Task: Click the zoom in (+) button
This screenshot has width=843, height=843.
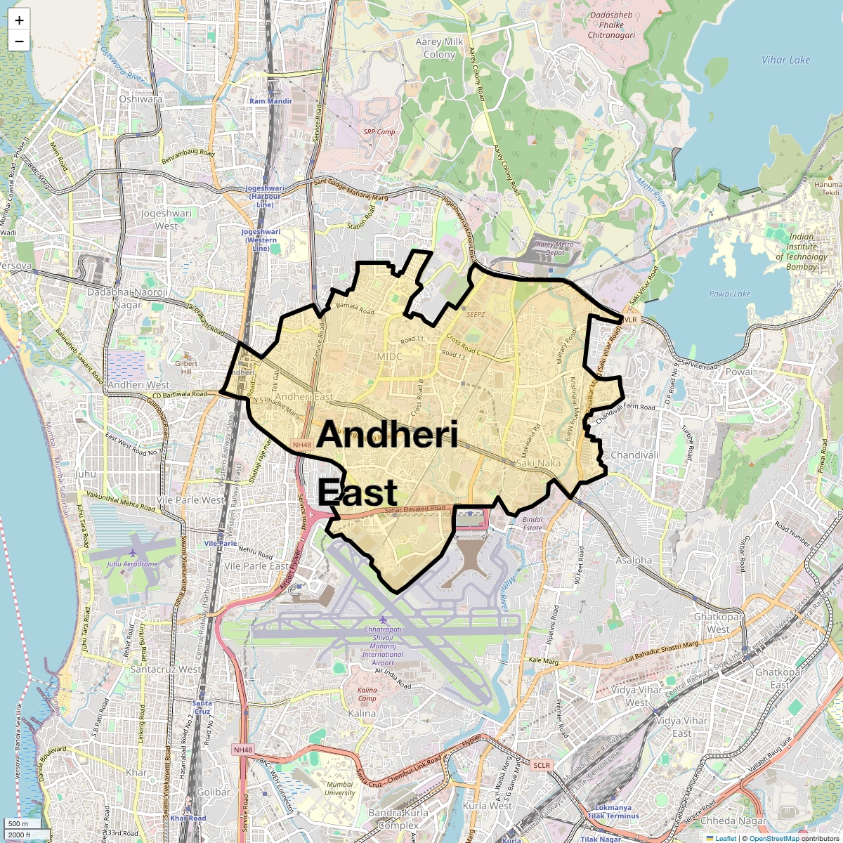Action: click(x=19, y=20)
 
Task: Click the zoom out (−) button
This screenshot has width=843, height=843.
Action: click(x=19, y=41)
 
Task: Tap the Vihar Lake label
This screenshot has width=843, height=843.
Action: click(x=785, y=60)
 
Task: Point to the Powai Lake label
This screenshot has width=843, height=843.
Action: click(x=730, y=294)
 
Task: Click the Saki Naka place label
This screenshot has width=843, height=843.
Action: click(x=538, y=464)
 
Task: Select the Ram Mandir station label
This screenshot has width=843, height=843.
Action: click(x=270, y=101)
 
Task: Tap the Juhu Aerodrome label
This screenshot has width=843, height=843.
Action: click(x=132, y=564)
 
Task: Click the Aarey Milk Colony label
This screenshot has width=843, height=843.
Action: click(x=439, y=48)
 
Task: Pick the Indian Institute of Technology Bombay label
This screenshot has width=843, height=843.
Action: click(x=802, y=251)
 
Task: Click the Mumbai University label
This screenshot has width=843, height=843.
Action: click(x=340, y=788)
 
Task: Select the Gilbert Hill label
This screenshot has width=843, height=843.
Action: click(x=186, y=367)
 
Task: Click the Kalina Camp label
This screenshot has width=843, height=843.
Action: click(x=367, y=694)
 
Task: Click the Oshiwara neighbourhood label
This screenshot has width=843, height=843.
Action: click(x=140, y=99)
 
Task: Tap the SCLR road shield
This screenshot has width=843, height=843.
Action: click(x=542, y=765)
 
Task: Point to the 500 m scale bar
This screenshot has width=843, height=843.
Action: click(x=19, y=824)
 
